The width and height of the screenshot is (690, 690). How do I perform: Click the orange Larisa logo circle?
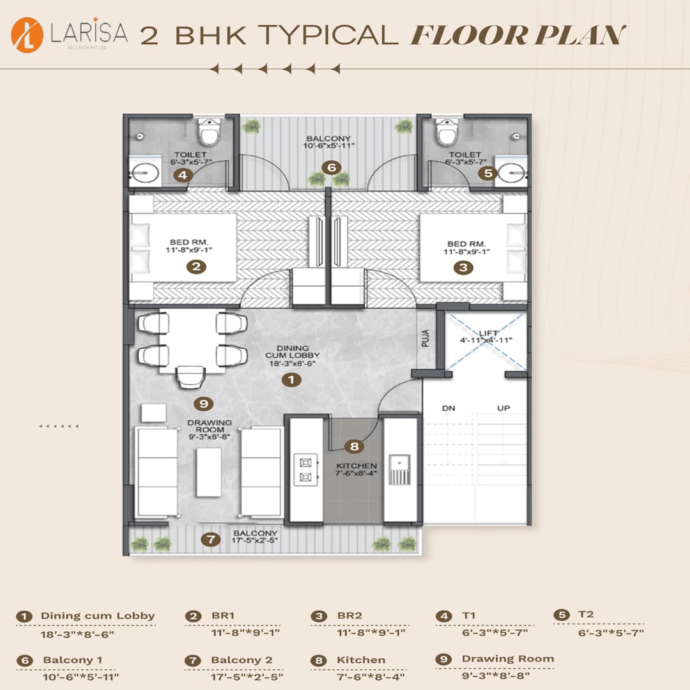27,35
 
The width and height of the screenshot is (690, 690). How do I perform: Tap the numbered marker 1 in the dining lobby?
291,379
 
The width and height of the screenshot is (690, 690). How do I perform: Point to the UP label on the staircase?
504,408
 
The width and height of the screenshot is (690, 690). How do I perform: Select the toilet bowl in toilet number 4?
208,132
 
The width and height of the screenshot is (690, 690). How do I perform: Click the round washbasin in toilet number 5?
511,171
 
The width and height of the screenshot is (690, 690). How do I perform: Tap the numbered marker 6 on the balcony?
330,167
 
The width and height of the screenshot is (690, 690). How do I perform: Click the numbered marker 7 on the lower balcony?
210,540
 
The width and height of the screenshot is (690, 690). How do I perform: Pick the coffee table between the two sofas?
209,472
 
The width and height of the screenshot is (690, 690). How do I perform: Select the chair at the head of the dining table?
190,377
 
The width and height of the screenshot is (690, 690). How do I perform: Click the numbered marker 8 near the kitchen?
353,447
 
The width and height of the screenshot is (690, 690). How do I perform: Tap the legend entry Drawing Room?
507,659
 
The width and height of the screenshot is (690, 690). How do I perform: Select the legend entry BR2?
349,616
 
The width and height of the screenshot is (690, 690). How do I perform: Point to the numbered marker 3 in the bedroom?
463,267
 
